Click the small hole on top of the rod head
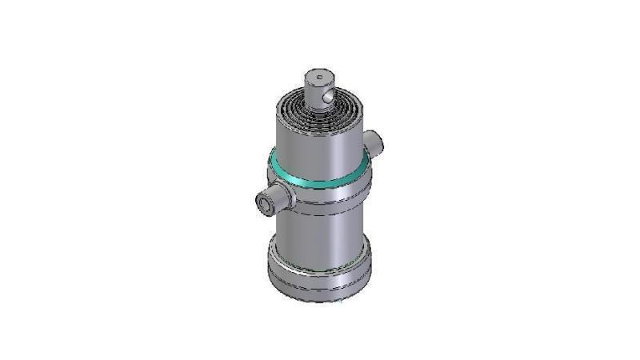pos(318,78)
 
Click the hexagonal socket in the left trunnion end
pos(262,206)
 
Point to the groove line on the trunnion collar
pos(320,201)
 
